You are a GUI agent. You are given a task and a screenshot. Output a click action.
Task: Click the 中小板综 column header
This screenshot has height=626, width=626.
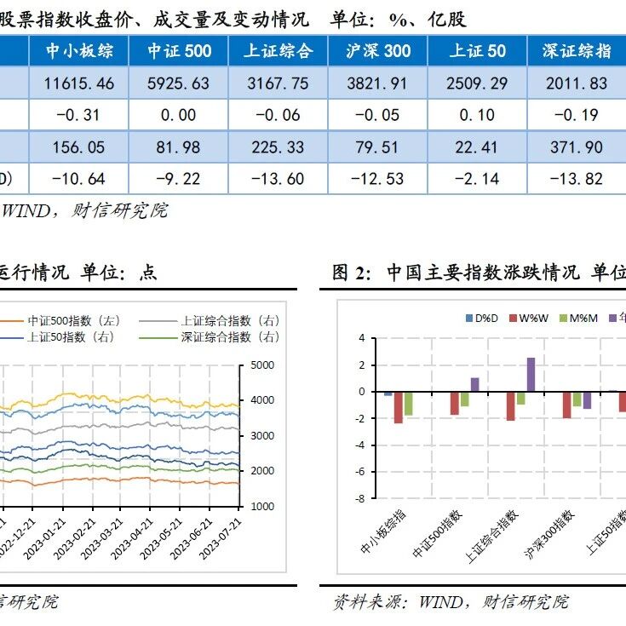[x=79, y=51]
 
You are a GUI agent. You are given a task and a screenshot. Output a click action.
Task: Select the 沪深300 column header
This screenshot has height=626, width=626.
[x=377, y=51]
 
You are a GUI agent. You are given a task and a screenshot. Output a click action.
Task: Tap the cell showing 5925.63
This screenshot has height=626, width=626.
[x=179, y=83]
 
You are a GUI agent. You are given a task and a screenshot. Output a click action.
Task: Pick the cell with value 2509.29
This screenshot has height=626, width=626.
[x=477, y=83]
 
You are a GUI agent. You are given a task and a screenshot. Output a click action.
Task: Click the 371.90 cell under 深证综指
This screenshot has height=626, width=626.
[x=577, y=146]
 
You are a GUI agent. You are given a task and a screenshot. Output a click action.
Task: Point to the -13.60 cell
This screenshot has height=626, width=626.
[x=278, y=179]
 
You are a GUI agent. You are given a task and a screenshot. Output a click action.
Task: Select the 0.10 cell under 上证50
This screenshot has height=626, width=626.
[x=477, y=115]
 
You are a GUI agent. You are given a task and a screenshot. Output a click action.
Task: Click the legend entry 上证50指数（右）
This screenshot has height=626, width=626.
[x=58, y=337]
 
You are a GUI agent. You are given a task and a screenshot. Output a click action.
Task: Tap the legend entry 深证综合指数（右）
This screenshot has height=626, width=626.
[x=210, y=337]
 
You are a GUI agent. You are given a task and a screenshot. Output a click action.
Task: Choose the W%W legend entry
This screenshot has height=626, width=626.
[x=529, y=319]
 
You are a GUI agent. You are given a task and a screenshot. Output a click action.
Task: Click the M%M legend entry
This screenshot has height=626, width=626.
[x=578, y=319]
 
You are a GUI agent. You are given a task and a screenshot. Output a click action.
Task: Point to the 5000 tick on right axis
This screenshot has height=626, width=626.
[x=262, y=365]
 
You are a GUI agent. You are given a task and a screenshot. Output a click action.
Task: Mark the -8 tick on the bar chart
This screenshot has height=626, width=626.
[x=361, y=498]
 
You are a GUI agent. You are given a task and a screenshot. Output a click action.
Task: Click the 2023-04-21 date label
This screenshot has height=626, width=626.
[x=131, y=539]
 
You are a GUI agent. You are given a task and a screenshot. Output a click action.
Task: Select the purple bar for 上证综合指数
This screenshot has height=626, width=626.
[x=531, y=375]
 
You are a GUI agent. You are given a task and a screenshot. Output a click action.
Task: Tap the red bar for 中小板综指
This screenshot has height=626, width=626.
[x=399, y=408]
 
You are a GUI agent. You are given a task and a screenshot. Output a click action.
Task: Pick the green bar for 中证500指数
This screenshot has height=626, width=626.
[x=465, y=399]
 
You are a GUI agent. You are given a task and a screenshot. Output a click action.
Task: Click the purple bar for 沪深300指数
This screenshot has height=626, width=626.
[x=588, y=400]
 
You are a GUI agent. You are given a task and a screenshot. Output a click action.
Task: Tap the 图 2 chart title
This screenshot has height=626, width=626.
[x=479, y=273]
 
